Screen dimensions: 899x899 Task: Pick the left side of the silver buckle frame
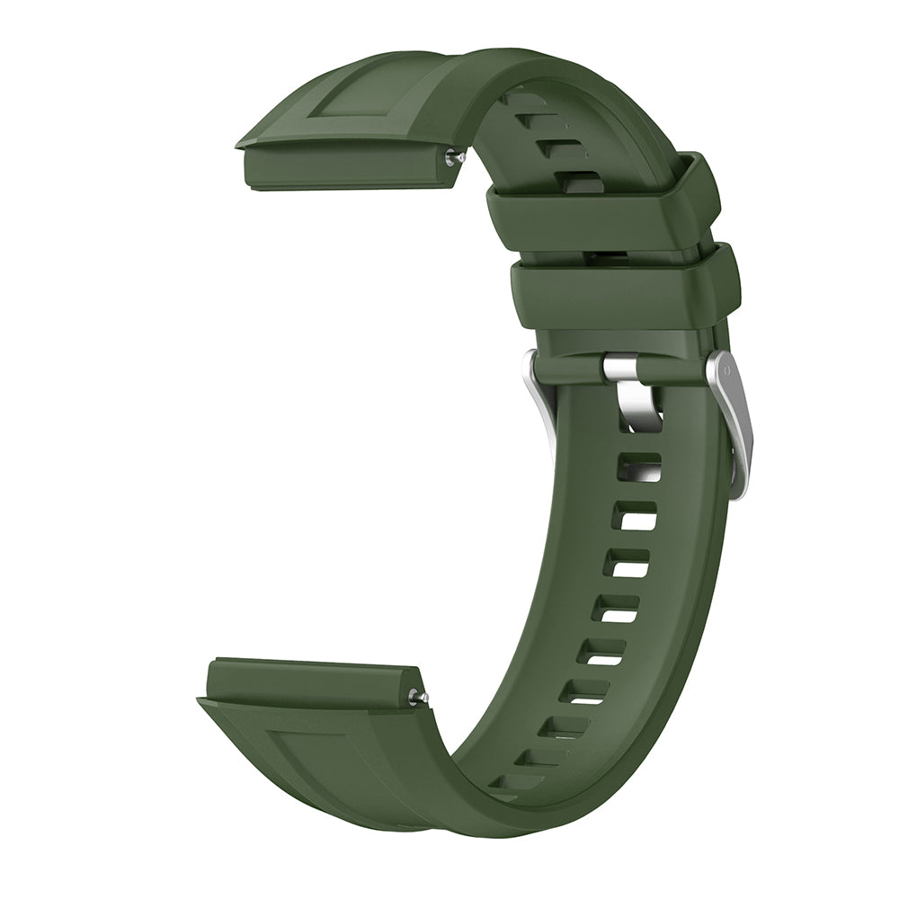(540, 396)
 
